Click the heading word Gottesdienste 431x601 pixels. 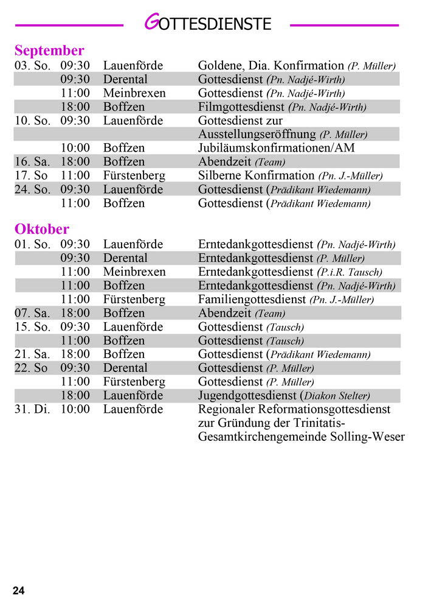[x=207, y=24]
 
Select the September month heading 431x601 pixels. [x=49, y=51]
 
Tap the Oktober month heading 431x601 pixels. [x=42, y=230]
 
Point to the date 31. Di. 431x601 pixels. [x=32, y=409]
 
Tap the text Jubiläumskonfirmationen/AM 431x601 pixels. [x=277, y=148]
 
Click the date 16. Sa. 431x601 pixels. [x=32, y=162]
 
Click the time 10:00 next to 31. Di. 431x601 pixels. [x=75, y=409]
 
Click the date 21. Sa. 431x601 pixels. [x=32, y=354]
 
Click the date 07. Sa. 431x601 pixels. [x=32, y=314]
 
